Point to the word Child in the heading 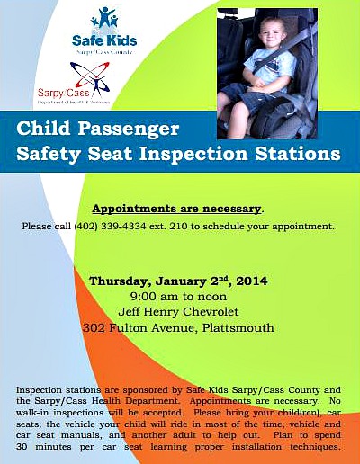click(42, 129)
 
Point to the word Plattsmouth click(238, 328)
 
